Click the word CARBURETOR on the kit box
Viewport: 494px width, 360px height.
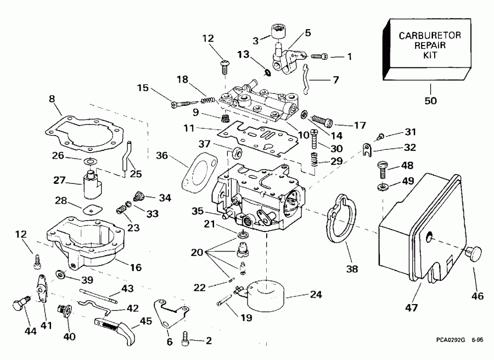429,36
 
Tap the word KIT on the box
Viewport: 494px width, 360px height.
430,56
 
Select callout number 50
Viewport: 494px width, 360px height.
430,102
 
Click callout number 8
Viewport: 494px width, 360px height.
52,99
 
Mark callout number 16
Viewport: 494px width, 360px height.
135,268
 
